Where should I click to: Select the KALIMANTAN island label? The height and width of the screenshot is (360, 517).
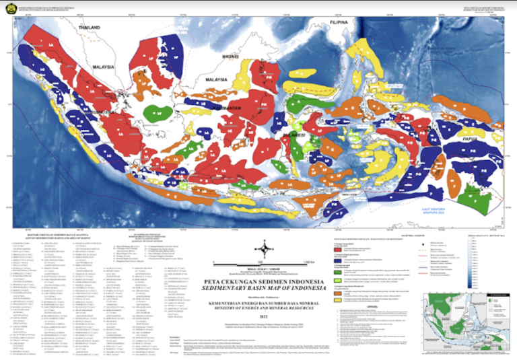click(x=229, y=108)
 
